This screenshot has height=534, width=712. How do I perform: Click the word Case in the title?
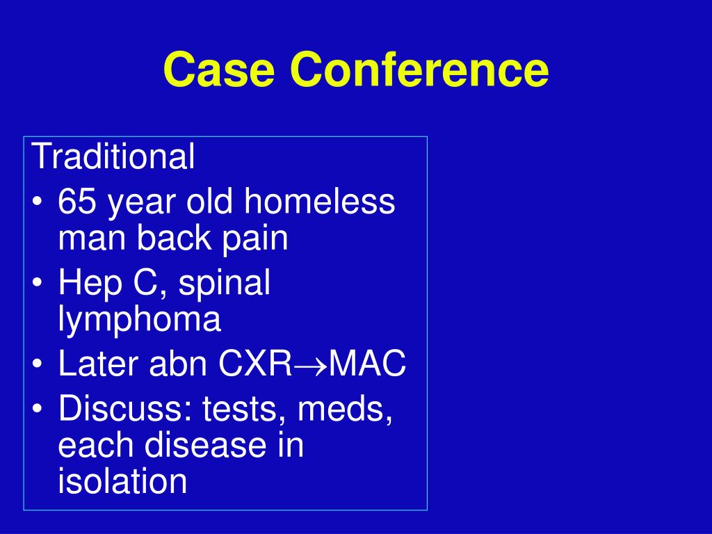tap(219, 69)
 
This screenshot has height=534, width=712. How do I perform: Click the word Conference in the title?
tap(419, 69)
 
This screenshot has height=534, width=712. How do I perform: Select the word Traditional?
tap(113, 156)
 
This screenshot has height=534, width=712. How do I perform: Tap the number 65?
tap(76, 201)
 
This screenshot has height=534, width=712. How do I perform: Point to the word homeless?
tap(320, 201)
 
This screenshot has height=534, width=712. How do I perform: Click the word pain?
tap(254, 239)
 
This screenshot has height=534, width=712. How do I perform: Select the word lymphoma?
tap(139, 320)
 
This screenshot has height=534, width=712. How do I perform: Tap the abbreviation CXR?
tap(255, 364)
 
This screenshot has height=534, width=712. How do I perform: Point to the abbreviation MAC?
tap(367, 364)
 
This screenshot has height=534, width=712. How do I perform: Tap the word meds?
tap(345, 409)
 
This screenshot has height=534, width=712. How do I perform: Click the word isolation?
tap(122, 480)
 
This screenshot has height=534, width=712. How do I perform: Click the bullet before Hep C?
tap(38, 282)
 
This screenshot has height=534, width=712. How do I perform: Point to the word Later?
tap(98, 364)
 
